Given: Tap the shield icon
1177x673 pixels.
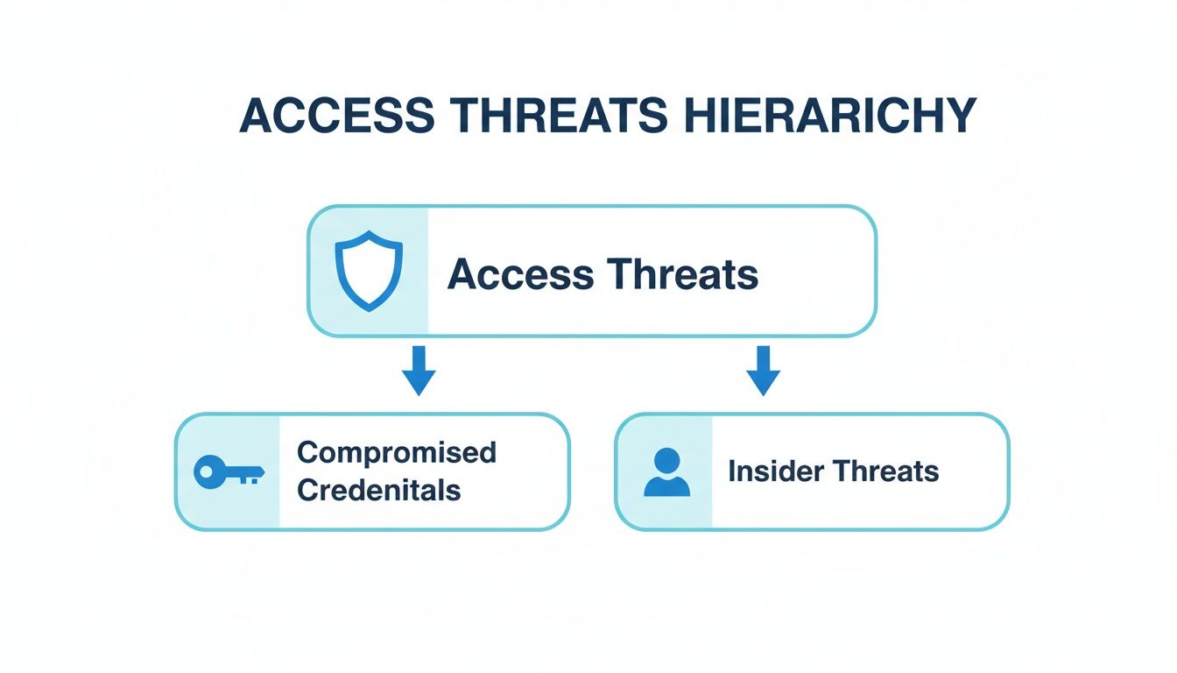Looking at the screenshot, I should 370,271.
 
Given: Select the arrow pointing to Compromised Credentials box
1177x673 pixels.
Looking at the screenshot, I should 419,370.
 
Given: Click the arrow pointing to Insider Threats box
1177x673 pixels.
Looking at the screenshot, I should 763,370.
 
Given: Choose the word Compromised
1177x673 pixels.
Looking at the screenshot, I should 397,452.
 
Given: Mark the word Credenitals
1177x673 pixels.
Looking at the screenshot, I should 378,490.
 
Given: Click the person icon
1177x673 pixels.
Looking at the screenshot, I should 666,472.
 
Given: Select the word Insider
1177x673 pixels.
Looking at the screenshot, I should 775,471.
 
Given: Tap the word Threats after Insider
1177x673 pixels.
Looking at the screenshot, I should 885,471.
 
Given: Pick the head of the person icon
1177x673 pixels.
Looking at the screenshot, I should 666,460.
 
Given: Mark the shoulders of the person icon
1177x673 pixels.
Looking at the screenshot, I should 666,486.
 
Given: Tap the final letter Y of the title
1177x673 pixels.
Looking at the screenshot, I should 961,117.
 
